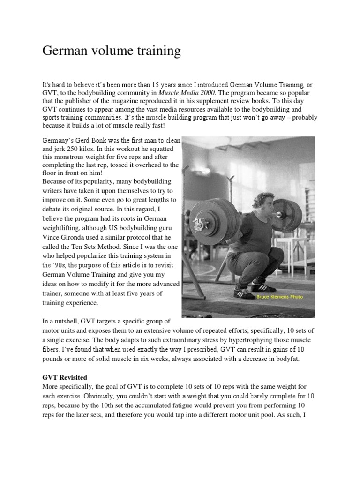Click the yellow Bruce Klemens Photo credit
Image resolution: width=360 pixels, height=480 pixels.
279,296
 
